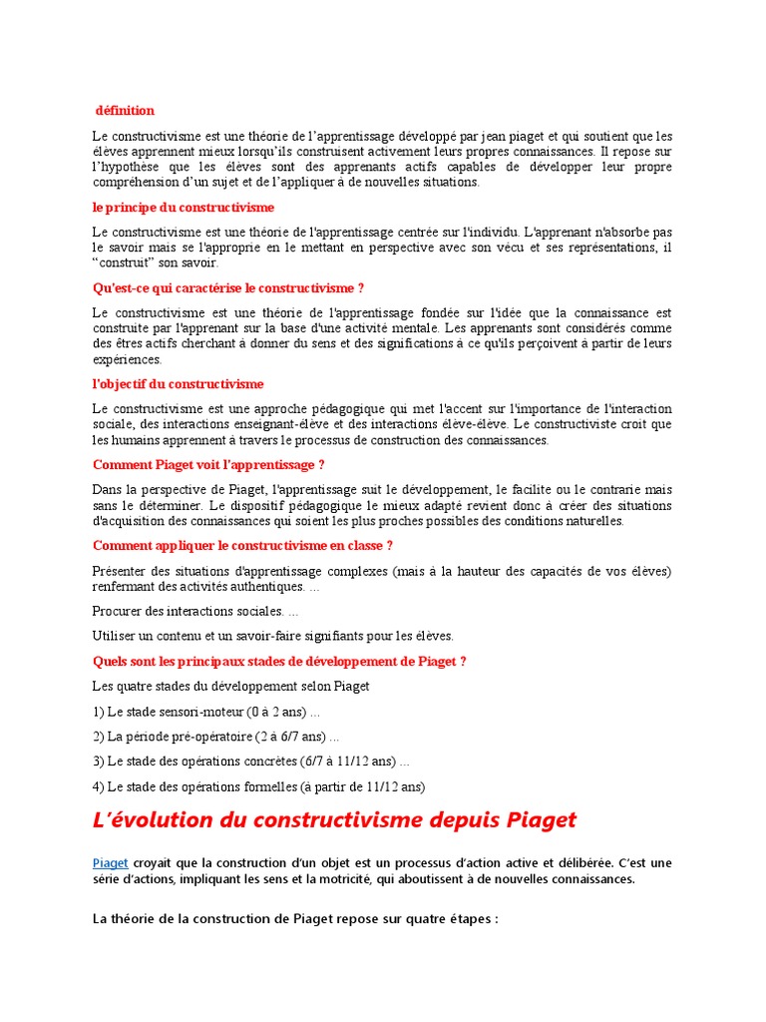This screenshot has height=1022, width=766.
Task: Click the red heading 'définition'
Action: pos(125,111)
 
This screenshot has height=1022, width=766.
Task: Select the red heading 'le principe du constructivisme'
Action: pos(183,208)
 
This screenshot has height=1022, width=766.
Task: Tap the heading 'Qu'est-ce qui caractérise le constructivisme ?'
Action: pos(228,288)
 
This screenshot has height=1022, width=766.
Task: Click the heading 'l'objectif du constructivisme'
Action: pos(178,384)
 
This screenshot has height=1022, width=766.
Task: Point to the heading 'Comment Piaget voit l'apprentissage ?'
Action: pos(208,465)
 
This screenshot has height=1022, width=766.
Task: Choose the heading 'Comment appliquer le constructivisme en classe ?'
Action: pos(242,546)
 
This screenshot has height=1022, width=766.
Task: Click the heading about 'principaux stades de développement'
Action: pos(279,661)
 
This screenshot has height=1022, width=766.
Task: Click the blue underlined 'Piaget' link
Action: pos(110,862)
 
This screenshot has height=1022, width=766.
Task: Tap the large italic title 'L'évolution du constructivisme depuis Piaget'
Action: pos(334,820)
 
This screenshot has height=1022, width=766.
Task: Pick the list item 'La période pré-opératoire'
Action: pos(215,737)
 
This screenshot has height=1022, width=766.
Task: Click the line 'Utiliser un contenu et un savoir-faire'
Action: pos(272,636)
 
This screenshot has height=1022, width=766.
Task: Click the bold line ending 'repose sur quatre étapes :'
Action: pos(294,918)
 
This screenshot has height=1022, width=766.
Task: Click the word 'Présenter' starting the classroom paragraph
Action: pos(121,571)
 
